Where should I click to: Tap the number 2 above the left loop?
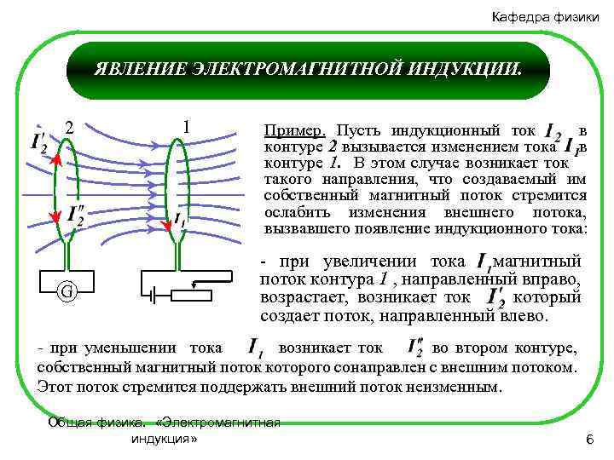[70, 129]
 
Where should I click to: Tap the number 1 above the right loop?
[185, 127]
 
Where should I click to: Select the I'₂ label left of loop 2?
[39, 142]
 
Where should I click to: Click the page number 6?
[588, 438]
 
